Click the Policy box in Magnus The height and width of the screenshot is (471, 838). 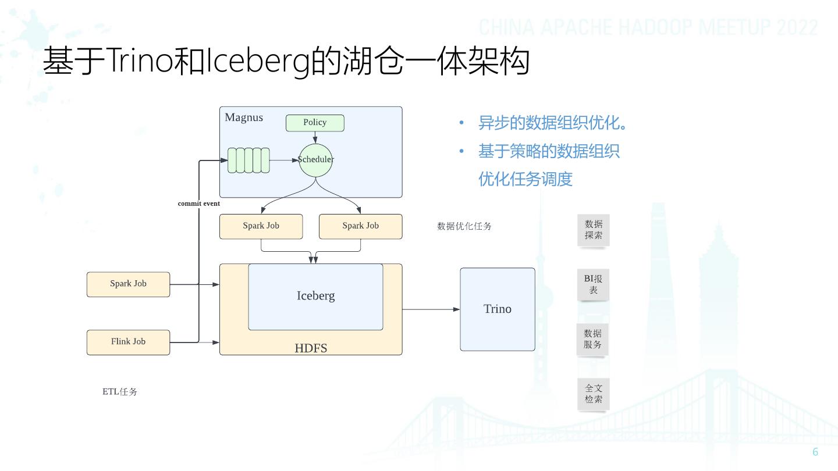[315, 123]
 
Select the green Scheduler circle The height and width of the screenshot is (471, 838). [315, 160]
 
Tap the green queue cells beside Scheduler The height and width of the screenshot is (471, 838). [248, 160]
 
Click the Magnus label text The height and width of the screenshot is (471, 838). [244, 117]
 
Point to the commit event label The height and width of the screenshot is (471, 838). [199, 204]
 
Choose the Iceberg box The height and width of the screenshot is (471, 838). [315, 297]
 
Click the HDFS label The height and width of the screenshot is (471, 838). [311, 348]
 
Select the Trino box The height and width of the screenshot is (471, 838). [498, 309]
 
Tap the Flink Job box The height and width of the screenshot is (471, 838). [128, 342]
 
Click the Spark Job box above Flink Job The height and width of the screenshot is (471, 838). [128, 284]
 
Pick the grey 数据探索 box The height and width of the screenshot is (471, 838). [594, 230]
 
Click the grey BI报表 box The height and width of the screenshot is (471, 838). [593, 284]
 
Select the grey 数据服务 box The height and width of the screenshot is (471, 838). [592, 339]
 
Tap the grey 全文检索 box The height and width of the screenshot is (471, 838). [594, 394]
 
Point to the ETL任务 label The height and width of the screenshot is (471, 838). [120, 392]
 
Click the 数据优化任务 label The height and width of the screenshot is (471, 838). [464, 226]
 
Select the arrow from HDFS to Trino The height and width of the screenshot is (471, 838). [431, 309]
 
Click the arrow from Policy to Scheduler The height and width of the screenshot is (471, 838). [315, 137]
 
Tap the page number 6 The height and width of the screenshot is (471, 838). [815, 452]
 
